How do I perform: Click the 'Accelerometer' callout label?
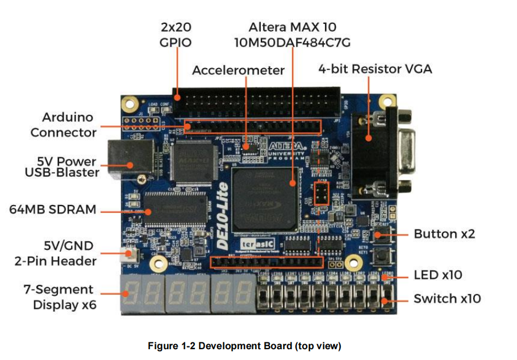point(238,70)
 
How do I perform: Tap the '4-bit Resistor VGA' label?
point(375,69)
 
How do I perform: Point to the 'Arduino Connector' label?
point(64,125)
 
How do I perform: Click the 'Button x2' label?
point(444,234)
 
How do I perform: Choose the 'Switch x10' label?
point(447,299)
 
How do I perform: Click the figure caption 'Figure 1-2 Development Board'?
point(244,346)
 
